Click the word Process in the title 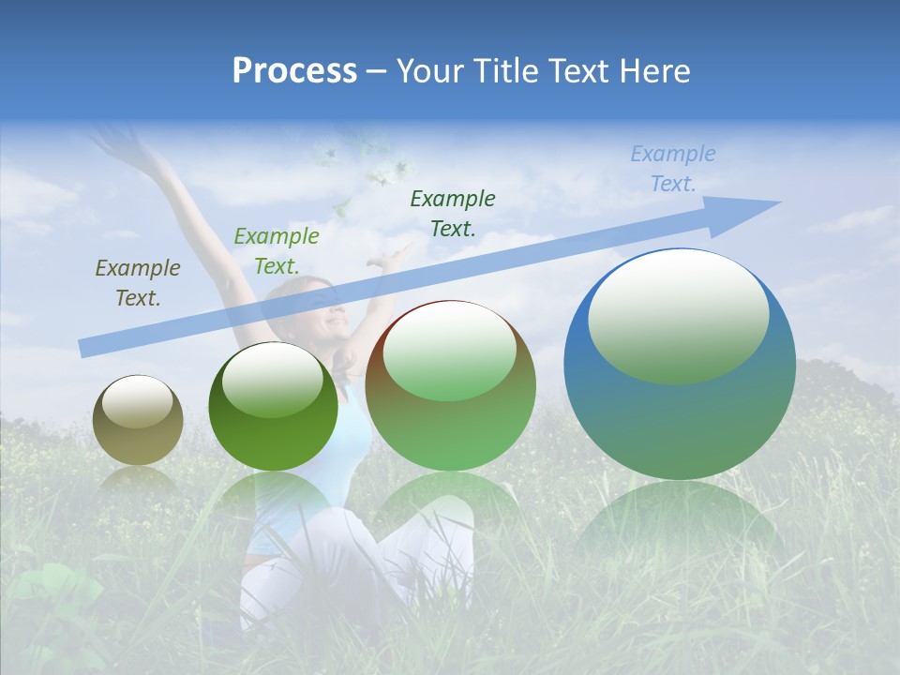tap(294, 71)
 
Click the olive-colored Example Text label tap(137, 283)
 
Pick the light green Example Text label tap(276, 251)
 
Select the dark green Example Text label tap(453, 213)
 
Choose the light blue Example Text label tap(672, 169)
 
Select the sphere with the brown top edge tap(451, 412)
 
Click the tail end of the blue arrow tap(86, 348)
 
